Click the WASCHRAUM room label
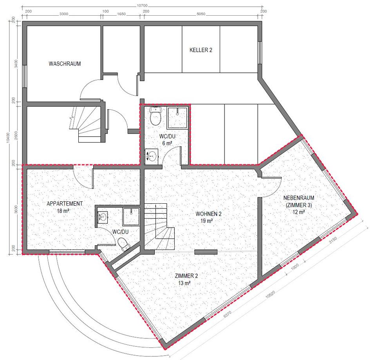65,64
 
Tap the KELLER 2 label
201,50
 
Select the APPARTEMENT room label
65,204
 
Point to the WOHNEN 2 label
208,214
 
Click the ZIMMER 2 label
186,276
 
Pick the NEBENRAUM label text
298,198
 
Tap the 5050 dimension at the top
201,14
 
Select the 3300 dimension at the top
64,14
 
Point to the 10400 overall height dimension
8,137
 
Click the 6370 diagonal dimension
227,315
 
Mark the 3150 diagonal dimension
333,240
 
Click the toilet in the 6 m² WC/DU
155,116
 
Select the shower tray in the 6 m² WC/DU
177,118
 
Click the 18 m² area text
63,211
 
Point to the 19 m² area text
207,221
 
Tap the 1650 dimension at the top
121,14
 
